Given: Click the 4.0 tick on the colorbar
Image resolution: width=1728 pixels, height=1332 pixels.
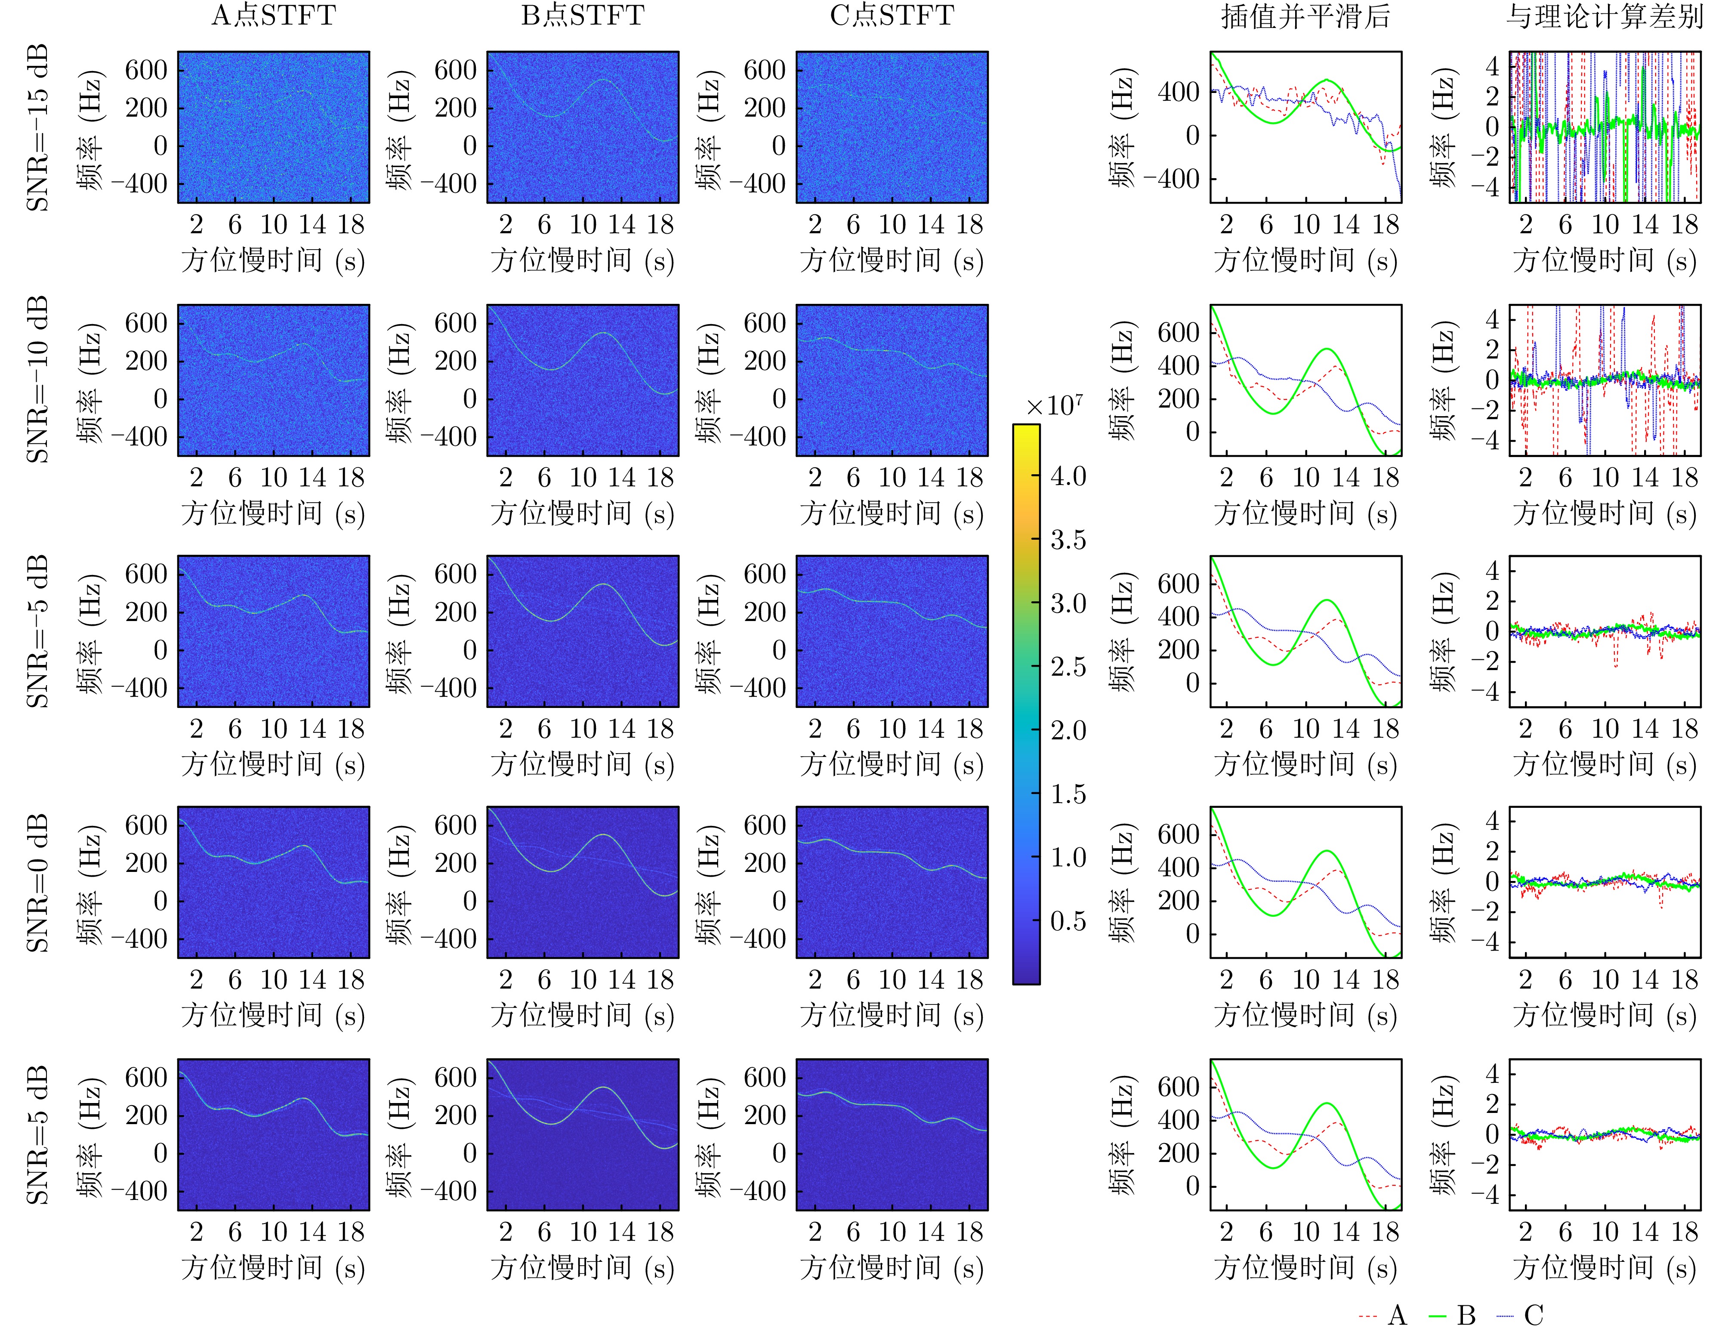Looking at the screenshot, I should pyautogui.click(x=1068, y=476).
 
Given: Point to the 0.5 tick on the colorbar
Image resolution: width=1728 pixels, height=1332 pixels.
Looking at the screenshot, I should pyautogui.click(x=1068, y=921).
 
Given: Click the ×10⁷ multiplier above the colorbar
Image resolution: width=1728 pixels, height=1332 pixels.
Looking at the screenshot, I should pyautogui.click(x=1055, y=406).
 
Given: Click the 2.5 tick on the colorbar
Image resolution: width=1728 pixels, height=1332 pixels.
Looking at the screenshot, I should pyautogui.click(x=1068, y=667).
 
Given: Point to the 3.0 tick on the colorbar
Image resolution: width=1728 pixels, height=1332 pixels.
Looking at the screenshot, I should pyautogui.click(x=1068, y=604).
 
